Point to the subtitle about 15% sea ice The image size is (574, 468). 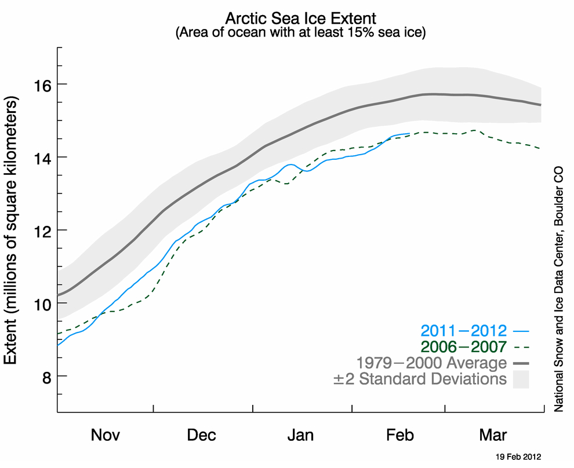click(300, 32)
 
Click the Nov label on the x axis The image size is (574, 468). click(106, 435)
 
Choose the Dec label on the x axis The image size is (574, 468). click(202, 435)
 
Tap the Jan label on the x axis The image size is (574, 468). click(301, 435)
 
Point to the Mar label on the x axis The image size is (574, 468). click(494, 435)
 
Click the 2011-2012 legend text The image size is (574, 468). click(464, 331)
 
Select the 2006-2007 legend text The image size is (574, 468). click(464, 348)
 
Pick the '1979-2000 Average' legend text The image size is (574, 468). click(431, 364)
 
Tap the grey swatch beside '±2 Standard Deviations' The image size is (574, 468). click(521, 380)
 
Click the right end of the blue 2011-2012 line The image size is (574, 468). click(409, 134)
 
